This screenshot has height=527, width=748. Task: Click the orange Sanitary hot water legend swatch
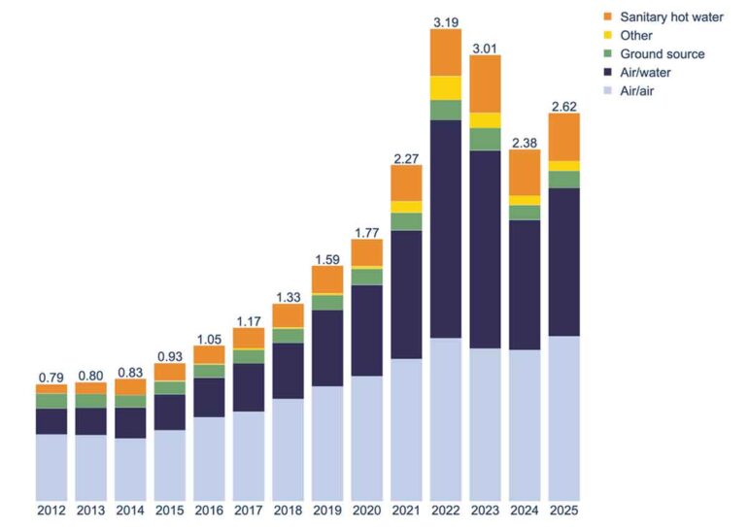(608, 16)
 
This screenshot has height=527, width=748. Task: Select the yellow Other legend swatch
(608, 35)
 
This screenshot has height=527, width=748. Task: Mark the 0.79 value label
(51, 376)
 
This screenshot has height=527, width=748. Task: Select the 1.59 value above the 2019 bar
(327, 257)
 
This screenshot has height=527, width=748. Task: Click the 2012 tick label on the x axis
(51, 510)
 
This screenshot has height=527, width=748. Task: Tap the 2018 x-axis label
(288, 510)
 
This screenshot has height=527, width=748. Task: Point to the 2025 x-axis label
(563, 510)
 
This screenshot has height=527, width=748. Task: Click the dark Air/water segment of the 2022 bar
(445, 228)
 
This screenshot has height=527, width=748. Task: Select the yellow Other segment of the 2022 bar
(445, 87)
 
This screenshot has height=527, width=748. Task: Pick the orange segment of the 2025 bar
(563, 137)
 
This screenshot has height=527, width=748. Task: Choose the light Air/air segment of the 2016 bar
(209, 458)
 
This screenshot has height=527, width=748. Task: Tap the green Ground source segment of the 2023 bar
(485, 139)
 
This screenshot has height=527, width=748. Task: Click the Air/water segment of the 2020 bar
(366, 330)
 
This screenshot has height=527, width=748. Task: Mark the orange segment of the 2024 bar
(524, 172)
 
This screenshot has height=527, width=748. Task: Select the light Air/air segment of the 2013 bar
(90, 467)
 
